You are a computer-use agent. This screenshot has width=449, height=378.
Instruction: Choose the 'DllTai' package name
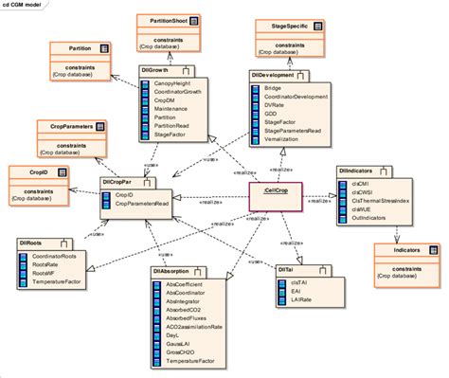[x=287, y=271]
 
